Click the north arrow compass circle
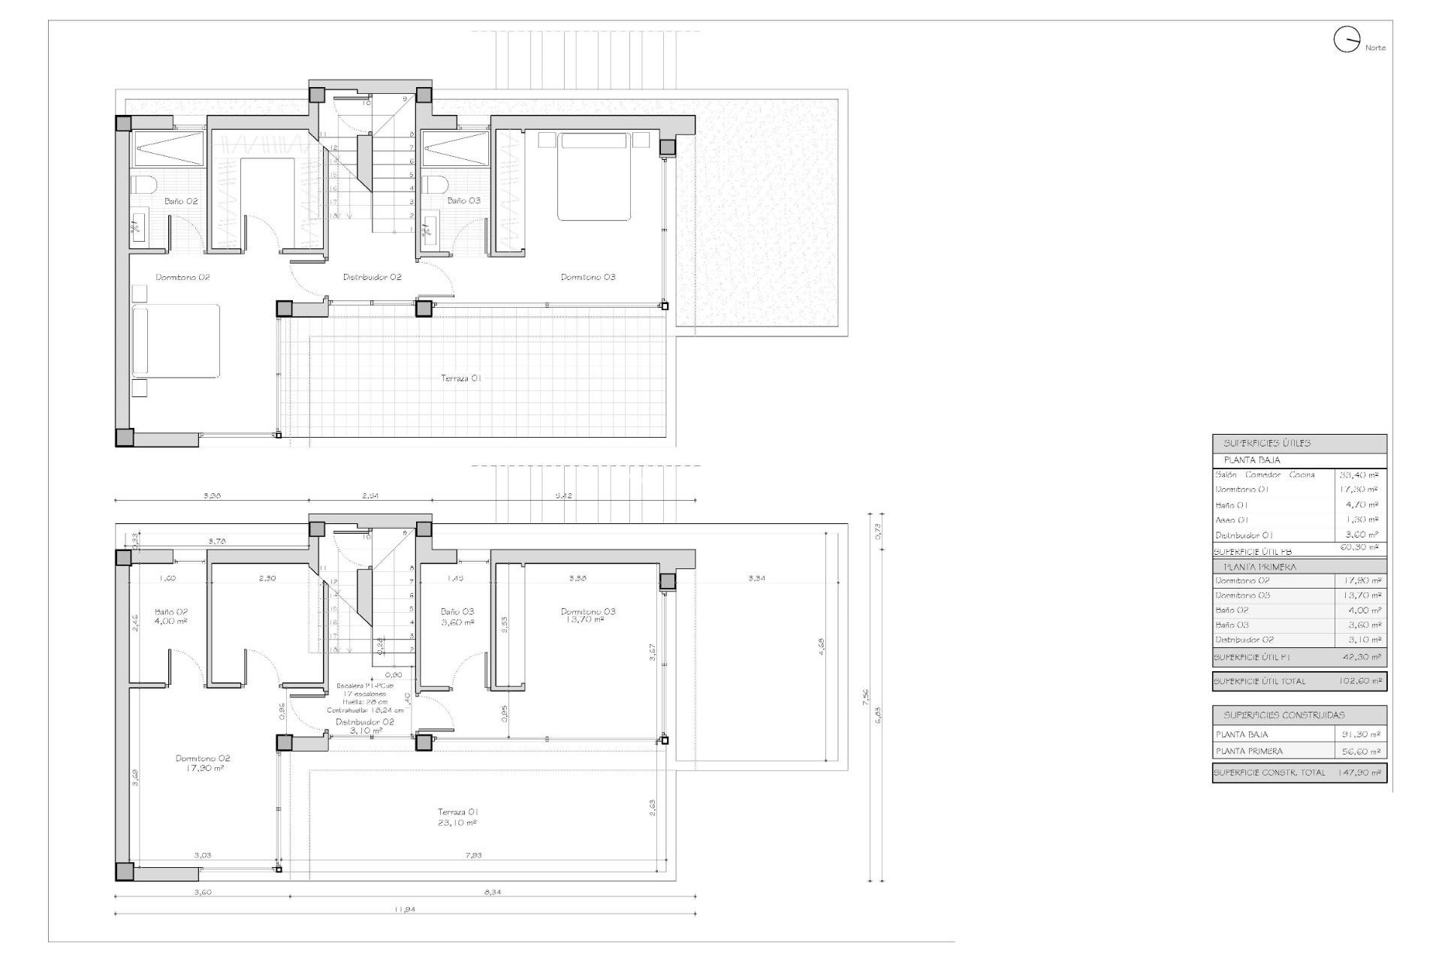tap(1347, 40)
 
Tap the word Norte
tap(1376, 48)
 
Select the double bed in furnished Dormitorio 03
tap(593, 176)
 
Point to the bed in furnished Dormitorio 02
tap(176, 340)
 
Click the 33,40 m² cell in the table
tap(1359, 474)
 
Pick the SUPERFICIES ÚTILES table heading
tap(1267, 444)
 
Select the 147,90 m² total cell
tap(1359, 772)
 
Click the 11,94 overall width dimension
tap(404, 909)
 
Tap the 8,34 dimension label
tap(493, 892)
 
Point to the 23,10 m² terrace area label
tap(458, 823)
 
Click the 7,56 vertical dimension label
tap(866, 697)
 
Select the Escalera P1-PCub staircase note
tap(365, 686)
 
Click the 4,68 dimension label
tap(822, 644)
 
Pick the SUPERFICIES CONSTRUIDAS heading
tap(1284, 715)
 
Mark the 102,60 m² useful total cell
tap(1359, 682)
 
